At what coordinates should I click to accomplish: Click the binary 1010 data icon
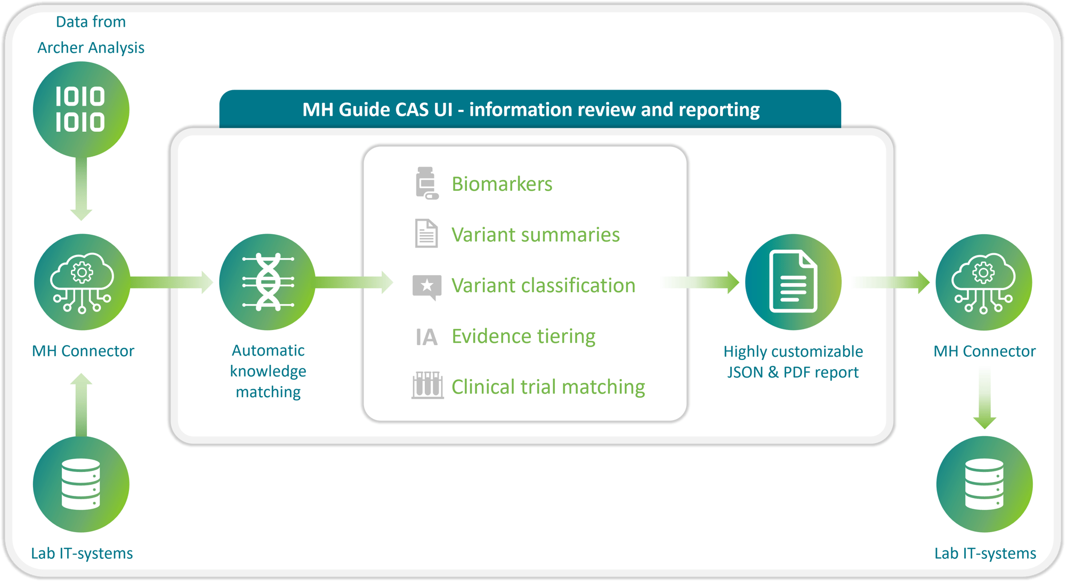[81, 109]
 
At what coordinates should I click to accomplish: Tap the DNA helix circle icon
[268, 282]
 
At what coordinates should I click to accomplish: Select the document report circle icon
[793, 282]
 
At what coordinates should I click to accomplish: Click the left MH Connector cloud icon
[82, 282]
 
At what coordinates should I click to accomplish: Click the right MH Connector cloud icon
[984, 282]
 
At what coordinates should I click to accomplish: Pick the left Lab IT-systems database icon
[81, 484]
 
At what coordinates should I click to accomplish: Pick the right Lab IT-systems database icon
[984, 484]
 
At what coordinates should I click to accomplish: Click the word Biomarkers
[502, 184]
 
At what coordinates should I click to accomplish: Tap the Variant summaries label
[535, 235]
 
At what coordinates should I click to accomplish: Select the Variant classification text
[543, 285]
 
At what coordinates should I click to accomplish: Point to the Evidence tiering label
[523, 336]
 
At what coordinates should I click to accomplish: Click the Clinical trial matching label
[548, 387]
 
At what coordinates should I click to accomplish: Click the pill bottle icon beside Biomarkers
[426, 183]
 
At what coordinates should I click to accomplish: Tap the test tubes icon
[427, 385]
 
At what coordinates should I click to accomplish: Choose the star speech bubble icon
[427, 286]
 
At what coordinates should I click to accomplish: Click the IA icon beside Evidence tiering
[426, 337]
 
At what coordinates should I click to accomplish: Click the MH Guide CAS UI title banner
[530, 109]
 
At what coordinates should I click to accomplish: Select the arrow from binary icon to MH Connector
[81, 189]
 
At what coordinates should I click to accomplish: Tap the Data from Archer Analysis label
[91, 35]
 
